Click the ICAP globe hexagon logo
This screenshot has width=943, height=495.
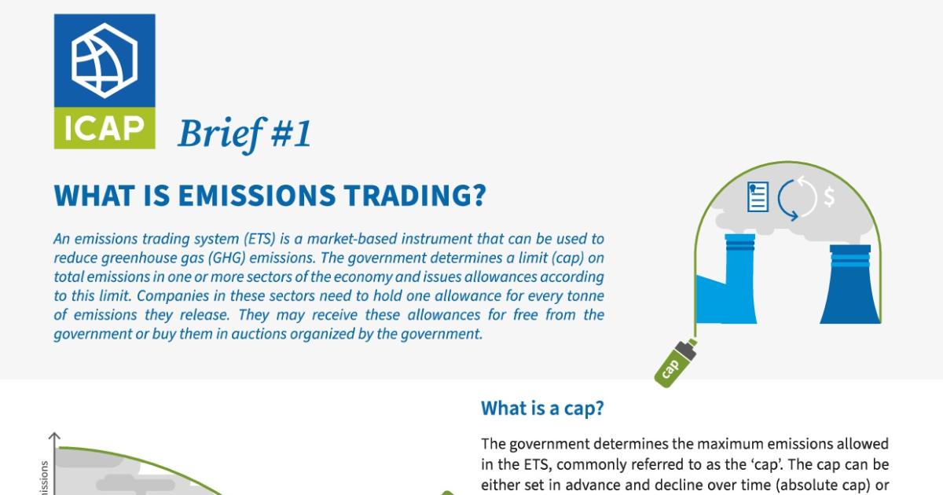point(104,60)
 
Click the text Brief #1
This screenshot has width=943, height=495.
point(244,134)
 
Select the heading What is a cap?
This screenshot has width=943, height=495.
point(542,408)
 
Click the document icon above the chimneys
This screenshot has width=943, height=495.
point(758,196)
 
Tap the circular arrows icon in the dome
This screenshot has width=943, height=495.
point(797,197)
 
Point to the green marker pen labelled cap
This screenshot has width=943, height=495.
point(675,362)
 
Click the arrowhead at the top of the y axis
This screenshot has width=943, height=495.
point(54,436)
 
